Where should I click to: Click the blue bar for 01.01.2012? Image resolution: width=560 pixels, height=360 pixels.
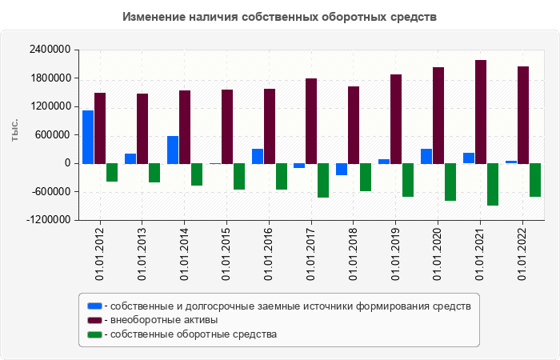tap(88, 137)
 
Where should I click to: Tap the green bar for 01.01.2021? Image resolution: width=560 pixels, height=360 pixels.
tap(493, 184)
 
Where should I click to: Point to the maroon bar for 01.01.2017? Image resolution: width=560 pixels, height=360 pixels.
tap(311, 121)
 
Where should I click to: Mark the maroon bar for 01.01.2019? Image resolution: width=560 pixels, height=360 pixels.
tap(396, 119)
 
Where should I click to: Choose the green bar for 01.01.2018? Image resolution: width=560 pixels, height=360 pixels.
tap(366, 177)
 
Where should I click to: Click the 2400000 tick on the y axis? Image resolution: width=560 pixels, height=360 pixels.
tap(47, 50)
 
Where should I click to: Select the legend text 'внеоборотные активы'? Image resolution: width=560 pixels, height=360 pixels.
tap(164, 320)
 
